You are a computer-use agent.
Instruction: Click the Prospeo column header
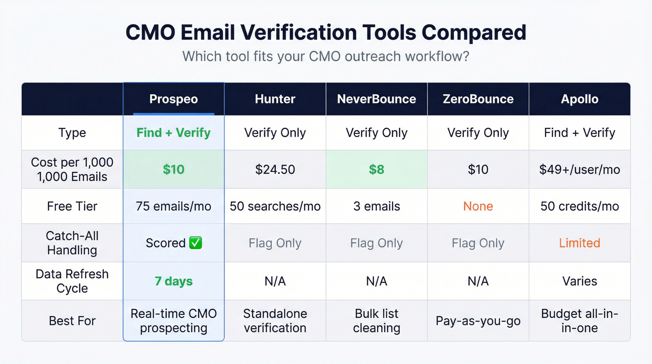point(173,99)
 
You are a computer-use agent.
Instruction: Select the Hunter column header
point(275,99)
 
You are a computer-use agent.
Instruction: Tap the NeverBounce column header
point(376,99)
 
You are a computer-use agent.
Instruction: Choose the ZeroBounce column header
point(478,99)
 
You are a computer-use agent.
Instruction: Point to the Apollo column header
point(579,99)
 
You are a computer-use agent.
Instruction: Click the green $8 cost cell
point(376,169)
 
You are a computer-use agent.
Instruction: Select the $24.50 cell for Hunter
point(275,169)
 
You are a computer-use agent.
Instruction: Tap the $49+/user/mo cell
point(579,169)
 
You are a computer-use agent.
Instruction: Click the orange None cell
point(478,206)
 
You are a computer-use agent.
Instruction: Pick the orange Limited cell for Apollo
point(579,243)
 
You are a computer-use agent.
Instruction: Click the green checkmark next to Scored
point(196,243)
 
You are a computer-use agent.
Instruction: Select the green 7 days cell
point(173,281)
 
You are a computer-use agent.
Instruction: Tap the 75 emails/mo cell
point(173,206)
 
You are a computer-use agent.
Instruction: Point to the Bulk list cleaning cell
point(376,321)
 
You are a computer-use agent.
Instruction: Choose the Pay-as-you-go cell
point(478,321)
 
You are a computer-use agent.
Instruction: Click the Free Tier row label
point(72,206)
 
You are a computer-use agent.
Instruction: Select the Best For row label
point(72,321)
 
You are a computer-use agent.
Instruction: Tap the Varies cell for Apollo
point(579,281)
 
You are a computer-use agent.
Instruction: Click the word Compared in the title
point(474,33)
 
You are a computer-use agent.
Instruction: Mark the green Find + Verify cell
point(173,133)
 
